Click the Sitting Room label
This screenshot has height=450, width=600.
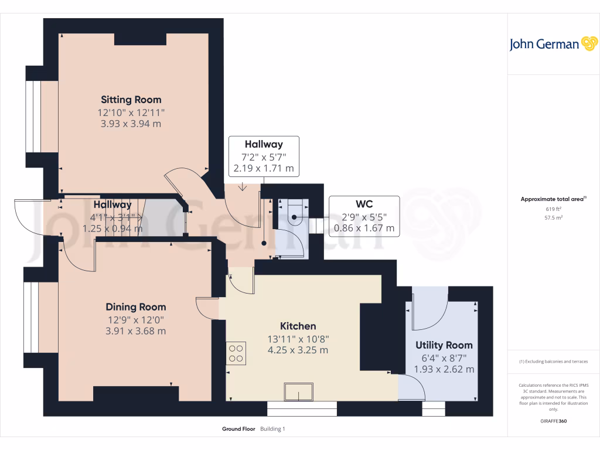[x=131, y=100]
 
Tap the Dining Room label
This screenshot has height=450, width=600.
[x=136, y=307]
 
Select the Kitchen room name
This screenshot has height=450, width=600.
[x=298, y=326]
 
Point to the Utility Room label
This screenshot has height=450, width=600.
[x=444, y=345]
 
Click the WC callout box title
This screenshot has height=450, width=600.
[x=364, y=204]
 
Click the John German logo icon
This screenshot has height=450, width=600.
[x=589, y=44]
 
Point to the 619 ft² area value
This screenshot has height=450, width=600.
[x=553, y=209]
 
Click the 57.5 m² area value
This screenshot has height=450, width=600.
[x=553, y=217]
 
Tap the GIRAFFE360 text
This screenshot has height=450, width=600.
[x=553, y=421]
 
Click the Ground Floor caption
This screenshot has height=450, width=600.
[x=238, y=429]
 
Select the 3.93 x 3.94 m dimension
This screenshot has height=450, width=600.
[x=131, y=124]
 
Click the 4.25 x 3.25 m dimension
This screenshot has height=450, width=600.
[x=298, y=350]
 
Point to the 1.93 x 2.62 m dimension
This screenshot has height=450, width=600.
[x=444, y=369]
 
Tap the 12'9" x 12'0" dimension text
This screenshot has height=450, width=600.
[x=136, y=319]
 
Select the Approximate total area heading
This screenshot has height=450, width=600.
[x=553, y=199]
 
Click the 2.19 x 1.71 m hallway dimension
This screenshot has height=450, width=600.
[x=263, y=169]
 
